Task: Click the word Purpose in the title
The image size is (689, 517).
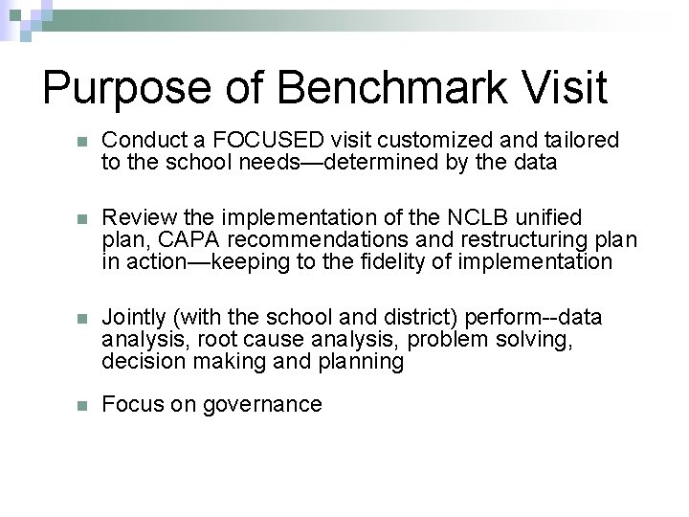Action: click(x=126, y=88)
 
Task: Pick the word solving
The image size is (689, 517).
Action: click(x=536, y=339)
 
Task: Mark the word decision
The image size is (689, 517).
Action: click(x=139, y=361)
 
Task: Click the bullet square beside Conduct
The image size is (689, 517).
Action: click(x=81, y=142)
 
